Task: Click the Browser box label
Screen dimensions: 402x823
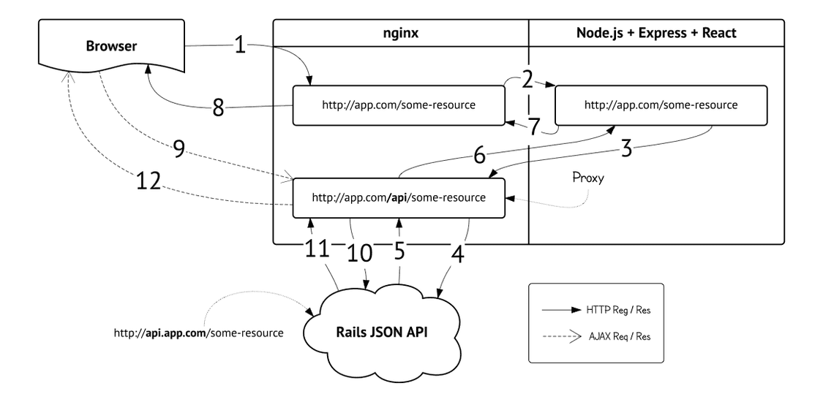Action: click(111, 47)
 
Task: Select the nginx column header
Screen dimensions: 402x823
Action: click(400, 32)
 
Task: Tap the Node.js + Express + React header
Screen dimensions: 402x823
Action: click(656, 32)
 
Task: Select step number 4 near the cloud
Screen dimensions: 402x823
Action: click(458, 257)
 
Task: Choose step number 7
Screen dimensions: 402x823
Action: click(534, 126)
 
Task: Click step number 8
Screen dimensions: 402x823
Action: click(218, 108)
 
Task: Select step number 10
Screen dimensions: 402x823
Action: click(360, 253)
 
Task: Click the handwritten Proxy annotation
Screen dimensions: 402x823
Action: click(590, 178)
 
